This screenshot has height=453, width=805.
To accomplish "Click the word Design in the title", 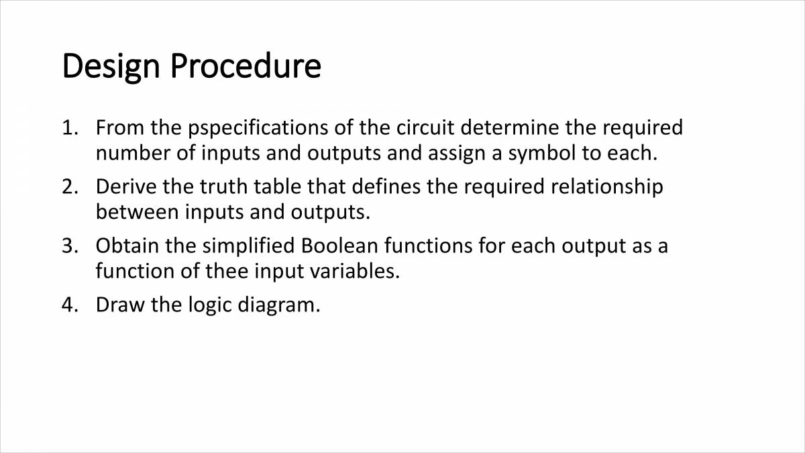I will click(111, 67).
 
